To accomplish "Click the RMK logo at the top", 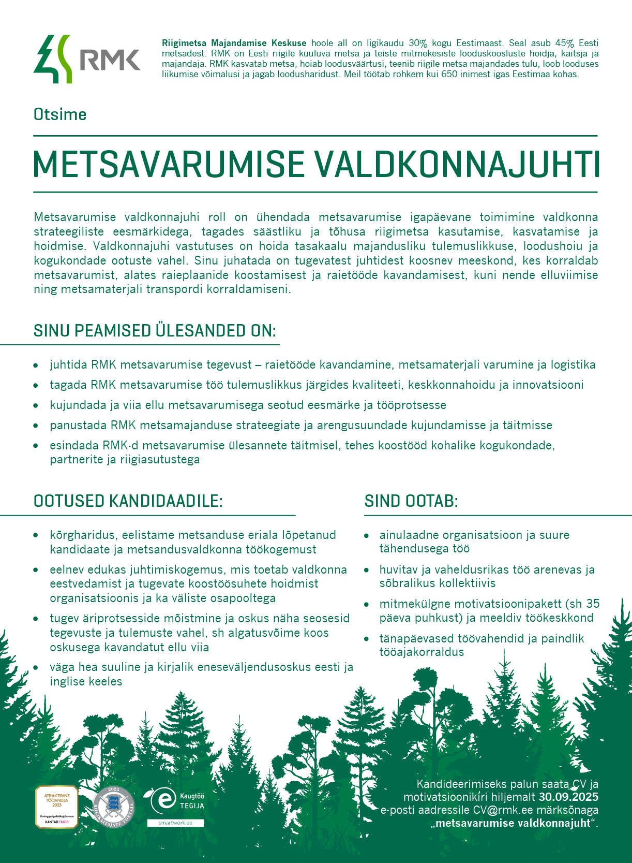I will [x=87, y=59].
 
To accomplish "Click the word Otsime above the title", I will [x=60, y=114].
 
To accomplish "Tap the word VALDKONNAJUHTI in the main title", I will [x=457, y=165].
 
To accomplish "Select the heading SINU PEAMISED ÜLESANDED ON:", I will [x=155, y=331].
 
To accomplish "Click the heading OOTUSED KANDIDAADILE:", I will [x=128, y=501].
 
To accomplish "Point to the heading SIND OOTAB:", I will [x=411, y=501].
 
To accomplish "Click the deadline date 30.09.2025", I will [x=568, y=797].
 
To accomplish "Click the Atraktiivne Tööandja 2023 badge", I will [x=56, y=807].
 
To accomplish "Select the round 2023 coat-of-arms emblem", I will [x=113, y=807].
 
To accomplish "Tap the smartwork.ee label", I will [x=175, y=823].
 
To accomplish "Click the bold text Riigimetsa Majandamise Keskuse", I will [x=234, y=43].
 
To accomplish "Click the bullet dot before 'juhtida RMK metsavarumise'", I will [x=36, y=365].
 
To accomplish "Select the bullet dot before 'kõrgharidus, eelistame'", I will [x=36, y=535].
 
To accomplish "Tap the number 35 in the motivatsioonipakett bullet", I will [x=593, y=604].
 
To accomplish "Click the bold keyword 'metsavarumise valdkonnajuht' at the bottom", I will [x=513, y=823].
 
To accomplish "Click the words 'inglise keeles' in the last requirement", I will [x=86, y=681].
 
